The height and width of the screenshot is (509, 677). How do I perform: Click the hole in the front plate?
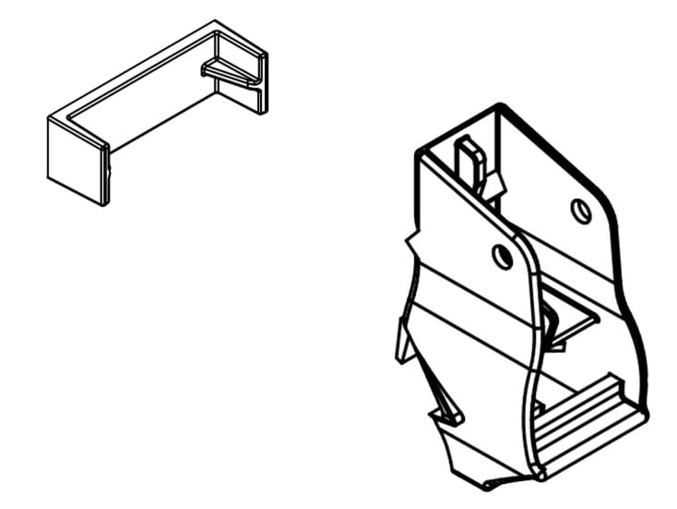[x=503, y=256]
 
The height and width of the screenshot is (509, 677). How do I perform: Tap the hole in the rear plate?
[x=580, y=212]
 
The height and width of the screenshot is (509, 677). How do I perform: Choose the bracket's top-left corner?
[x=422, y=152]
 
